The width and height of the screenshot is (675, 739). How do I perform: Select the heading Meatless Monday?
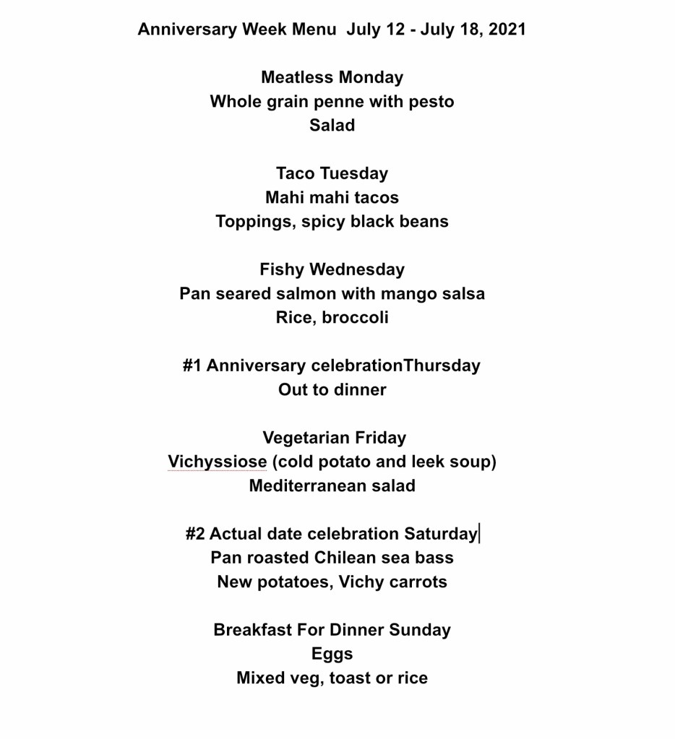click(x=332, y=77)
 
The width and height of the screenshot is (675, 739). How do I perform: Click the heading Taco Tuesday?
click(x=332, y=173)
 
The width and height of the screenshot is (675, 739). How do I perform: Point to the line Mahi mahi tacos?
click(x=332, y=197)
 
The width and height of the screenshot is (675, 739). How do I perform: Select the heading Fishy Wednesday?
click(x=332, y=269)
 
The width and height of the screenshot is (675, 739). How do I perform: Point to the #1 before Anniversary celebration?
click(x=192, y=366)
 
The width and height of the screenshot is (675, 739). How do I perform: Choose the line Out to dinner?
click(x=332, y=390)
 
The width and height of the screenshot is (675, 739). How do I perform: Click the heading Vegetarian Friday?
click(x=335, y=438)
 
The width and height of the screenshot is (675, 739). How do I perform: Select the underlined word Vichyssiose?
click(x=218, y=462)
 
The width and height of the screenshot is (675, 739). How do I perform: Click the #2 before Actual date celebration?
click(x=195, y=534)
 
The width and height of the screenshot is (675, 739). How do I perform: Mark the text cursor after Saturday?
click(x=479, y=534)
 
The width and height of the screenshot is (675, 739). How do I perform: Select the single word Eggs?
click(x=332, y=654)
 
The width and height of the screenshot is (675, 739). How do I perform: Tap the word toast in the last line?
click(x=351, y=678)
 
